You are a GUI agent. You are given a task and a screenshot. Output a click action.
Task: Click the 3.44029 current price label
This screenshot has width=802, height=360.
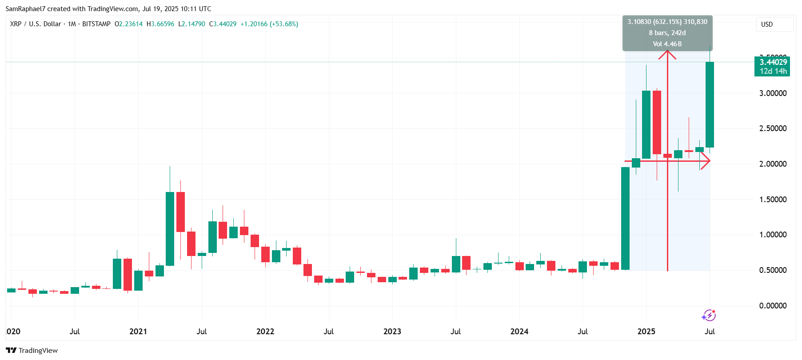[x=773, y=62]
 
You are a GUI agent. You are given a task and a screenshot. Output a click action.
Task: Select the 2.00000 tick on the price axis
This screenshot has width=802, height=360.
[x=773, y=164]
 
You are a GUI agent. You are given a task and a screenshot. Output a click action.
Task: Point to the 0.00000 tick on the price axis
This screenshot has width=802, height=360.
[x=773, y=306]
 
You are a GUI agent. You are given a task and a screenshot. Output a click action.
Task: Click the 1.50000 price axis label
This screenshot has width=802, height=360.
[x=773, y=200]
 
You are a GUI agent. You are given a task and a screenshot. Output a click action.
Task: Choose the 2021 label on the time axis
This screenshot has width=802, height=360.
[x=138, y=332]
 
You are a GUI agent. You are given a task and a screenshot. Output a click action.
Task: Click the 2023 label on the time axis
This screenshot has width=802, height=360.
[x=392, y=332]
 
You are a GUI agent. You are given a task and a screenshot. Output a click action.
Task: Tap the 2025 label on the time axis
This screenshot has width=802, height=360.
[x=646, y=332]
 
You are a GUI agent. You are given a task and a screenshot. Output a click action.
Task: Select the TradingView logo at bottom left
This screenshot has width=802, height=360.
[x=32, y=350]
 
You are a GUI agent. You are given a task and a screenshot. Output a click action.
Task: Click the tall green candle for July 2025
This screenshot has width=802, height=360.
[x=710, y=104]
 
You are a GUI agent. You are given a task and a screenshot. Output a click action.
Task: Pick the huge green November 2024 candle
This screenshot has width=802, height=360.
[x=625, y=218]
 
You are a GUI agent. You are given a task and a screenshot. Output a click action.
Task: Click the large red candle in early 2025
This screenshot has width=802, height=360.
[x=657, y=122]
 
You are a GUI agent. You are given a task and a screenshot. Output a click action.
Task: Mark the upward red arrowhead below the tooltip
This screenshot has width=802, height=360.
[x=667, y=55]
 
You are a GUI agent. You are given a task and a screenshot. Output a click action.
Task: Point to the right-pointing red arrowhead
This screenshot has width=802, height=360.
[x=706, y=161]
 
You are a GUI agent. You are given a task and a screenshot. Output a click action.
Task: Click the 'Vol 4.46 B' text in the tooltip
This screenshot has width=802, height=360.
[x=667, y=44]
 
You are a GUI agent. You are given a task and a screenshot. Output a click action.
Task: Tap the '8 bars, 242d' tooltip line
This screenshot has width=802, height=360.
[x=667, y=33]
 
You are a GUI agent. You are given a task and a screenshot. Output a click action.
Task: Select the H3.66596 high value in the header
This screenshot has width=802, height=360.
[x=160, y=24]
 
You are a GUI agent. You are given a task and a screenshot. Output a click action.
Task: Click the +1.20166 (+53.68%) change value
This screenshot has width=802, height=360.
[x=269, y=24]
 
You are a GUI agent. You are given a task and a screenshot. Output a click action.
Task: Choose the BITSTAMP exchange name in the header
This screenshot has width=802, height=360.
[x=96, y=24]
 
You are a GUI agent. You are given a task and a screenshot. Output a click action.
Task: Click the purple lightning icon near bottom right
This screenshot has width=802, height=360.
[x=708, y=316]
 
